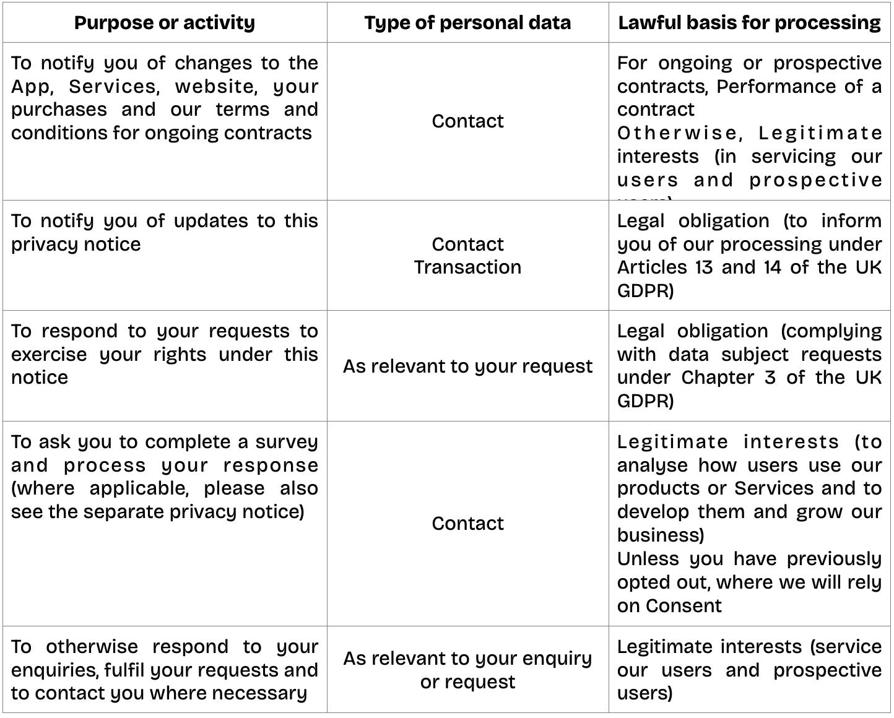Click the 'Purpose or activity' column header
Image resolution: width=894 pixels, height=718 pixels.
point(164,23)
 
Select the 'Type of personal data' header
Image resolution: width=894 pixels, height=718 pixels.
point(467,23)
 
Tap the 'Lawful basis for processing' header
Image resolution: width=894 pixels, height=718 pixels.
point(749,23)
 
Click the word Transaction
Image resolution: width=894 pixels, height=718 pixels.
point(467,267)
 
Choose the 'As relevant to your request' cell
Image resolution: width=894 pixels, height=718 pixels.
point(467,366)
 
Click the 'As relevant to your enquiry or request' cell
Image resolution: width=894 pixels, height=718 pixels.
point(467,670)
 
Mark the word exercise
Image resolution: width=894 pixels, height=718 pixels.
point(50,355)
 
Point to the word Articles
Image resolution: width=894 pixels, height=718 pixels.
point(652,267)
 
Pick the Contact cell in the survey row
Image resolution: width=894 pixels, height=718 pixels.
point(467,524)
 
